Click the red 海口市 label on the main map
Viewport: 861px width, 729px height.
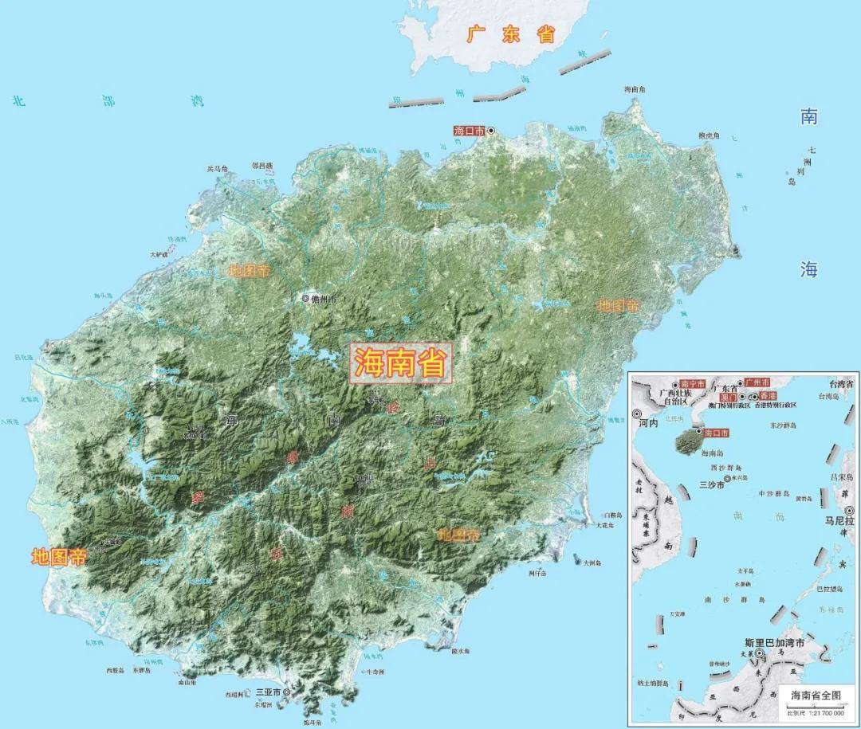pos(468,130)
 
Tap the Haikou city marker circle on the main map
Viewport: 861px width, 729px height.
pos(491,130)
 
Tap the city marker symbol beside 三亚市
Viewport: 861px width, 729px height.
pos(286,693)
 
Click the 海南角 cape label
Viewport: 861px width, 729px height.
pos(634,89)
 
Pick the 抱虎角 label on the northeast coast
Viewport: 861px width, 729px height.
pos(709,136)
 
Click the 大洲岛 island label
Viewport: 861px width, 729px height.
pos(592,562)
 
